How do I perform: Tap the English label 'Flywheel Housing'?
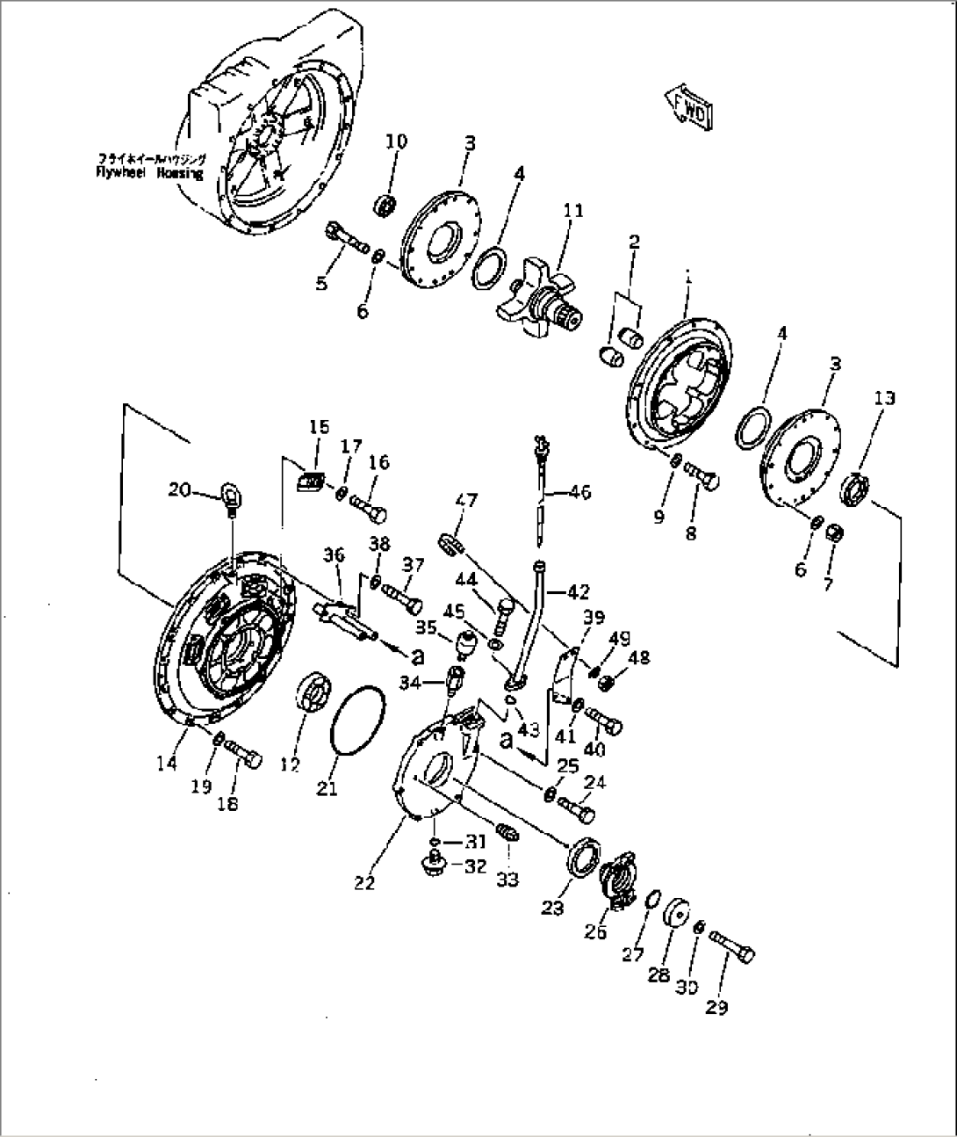click(149, 174)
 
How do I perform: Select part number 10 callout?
click(396, 141)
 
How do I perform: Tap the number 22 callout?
click(364, 882)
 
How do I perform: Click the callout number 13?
click(884, 398)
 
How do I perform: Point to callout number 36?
click(334, 555)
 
